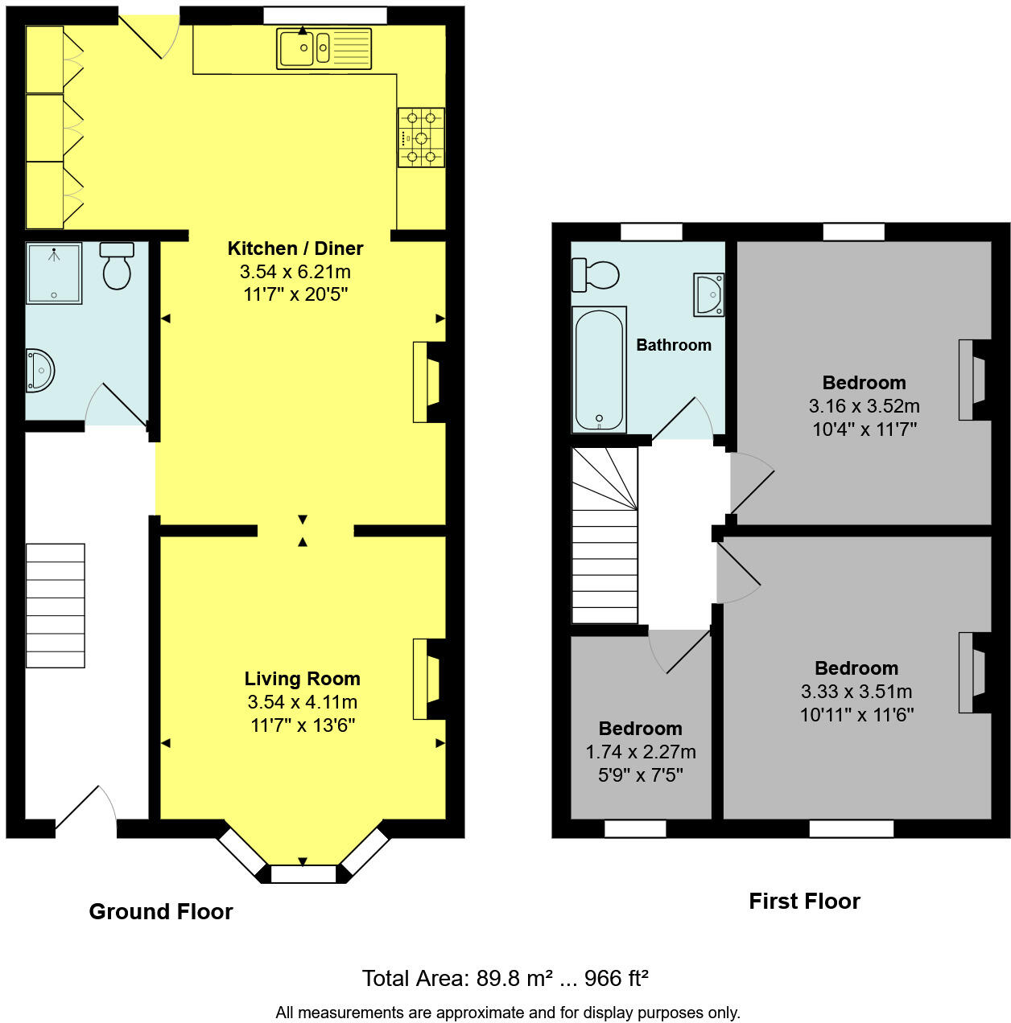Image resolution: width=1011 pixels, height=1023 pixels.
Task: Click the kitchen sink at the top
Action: tap(324, 48)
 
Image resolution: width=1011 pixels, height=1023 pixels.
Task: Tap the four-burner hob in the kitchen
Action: tap(421, 138)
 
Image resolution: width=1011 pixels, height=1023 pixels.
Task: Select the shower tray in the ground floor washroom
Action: tap(54, 273)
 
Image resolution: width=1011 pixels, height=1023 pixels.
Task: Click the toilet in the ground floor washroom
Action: tap(117, 265)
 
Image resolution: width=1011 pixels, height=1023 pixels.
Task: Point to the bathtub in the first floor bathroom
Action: tap(599, 369)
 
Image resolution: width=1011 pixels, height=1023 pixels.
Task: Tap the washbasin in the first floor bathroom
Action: tap(709, 294)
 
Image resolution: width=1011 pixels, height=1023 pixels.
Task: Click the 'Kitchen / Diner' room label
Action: tap(295, 249)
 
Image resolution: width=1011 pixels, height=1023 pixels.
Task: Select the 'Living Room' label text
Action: tap(303, 679)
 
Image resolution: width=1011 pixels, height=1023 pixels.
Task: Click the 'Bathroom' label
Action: tap(674, 345)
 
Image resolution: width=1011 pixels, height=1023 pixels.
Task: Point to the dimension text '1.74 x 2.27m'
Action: tap(641, 752)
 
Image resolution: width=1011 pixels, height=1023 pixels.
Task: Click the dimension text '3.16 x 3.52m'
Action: tap(865, 406)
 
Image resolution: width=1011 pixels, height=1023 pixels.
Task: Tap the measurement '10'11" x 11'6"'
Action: tap(856, 714)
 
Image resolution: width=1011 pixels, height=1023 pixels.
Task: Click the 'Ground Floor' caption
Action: tap(161, 911)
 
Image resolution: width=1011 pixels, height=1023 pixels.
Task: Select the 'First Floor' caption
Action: tap(804, 901)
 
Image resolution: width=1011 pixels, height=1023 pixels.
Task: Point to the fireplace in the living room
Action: tap(427, 679)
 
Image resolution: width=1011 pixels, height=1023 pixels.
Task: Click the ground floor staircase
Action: tap(56, 606)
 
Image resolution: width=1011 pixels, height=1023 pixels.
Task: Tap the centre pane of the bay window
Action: tap(303, 874)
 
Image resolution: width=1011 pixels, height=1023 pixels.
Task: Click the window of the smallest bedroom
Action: tap(635, 828)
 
